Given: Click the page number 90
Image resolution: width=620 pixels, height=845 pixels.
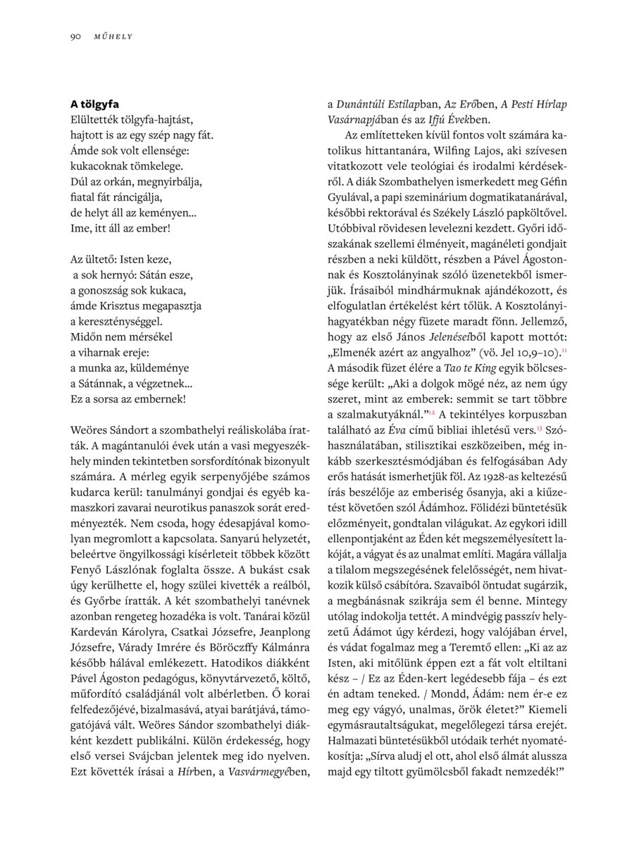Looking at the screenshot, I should (75, 36).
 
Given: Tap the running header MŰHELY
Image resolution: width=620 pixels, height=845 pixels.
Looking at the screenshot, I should (113, 36).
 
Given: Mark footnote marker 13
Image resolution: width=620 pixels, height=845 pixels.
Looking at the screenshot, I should (539, 427).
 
